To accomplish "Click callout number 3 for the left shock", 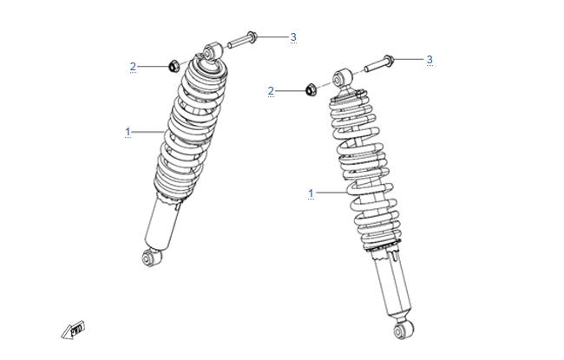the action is point(293,36).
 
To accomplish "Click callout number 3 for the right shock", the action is point(430,59).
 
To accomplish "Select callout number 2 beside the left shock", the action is point(133,67).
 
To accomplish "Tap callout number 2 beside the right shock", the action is point(271,91).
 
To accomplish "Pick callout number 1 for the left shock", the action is point(128,132).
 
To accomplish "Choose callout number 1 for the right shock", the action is point(311,193).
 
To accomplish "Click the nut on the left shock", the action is point(174,66).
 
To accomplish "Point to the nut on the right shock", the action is point(311,90).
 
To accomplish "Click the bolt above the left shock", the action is point(242,40).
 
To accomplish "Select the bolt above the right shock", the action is point(379,63).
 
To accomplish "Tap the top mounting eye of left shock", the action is point(213,51).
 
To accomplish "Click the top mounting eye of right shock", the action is point(342,78).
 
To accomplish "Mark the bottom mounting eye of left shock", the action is point(151,257).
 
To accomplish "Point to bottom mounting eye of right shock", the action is point(403,329).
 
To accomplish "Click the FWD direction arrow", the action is point(73,330).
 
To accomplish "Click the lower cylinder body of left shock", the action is point(162,224).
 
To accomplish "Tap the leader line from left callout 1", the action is point(148,133).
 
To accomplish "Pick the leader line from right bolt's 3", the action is point(409,59).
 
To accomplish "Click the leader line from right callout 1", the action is point(331,193).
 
